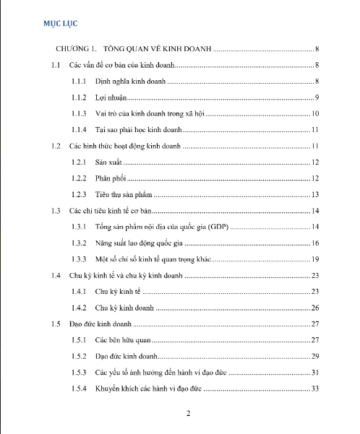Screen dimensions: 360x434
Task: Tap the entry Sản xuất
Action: coord(109,162)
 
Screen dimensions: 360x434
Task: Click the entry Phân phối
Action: coord(111,178)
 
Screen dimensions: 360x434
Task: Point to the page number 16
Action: coord(315,243)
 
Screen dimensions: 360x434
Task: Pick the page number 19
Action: coord(315,259)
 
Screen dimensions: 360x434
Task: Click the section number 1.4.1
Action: coord(80,292)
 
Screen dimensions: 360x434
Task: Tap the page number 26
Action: coord(315,308)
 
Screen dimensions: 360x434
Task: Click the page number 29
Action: coord(315,357)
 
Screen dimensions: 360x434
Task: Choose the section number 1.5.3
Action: coord(80,373)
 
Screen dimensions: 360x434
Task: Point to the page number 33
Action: coord(315,389)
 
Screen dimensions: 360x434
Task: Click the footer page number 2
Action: coord(188,414)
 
